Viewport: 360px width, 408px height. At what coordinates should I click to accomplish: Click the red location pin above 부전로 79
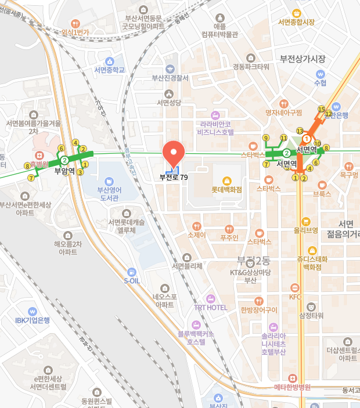pyautogui.click(x=172, y=153)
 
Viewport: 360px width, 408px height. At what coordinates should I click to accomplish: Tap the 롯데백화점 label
pyautogui.click(x=226, y=189)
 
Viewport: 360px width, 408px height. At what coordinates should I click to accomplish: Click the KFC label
pyautogui.click(x=295, y=296)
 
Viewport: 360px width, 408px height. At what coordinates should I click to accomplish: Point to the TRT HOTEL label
pyautogui.click(x=210, y=307)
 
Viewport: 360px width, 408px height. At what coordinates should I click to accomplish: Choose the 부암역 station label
pyautogui.click(x=65, y=171)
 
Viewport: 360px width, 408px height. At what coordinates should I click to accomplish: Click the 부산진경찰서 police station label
pyautogui.click(x=170, y=78)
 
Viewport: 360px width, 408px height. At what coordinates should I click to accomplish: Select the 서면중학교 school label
pyautogui.click(x=109, y=70)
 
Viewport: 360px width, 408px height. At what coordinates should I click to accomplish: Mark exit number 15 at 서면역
pyautogui.click(x=321, y=109)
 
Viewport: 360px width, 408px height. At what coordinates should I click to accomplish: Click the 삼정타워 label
pyautogui.click(x=311, y=315)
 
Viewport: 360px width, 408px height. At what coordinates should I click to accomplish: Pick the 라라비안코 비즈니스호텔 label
pyautogui.click(x=215, y=128)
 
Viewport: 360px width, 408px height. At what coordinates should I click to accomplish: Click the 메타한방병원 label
pyautogui.click(x=293, y=387)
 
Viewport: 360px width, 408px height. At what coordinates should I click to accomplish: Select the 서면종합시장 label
pyautogui.click(x=296, y=22)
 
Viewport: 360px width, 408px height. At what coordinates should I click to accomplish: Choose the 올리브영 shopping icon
pyautogui.click(x=305, y=221)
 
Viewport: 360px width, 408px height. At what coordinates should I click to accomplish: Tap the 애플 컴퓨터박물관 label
pyautogui.click(x=219, y=30)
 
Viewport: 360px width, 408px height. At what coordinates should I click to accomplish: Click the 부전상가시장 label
pyautogui.click(x=302, y=59)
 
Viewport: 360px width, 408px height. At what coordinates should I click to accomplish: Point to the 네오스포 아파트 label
pyautogui.click(x=164, y=300)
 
